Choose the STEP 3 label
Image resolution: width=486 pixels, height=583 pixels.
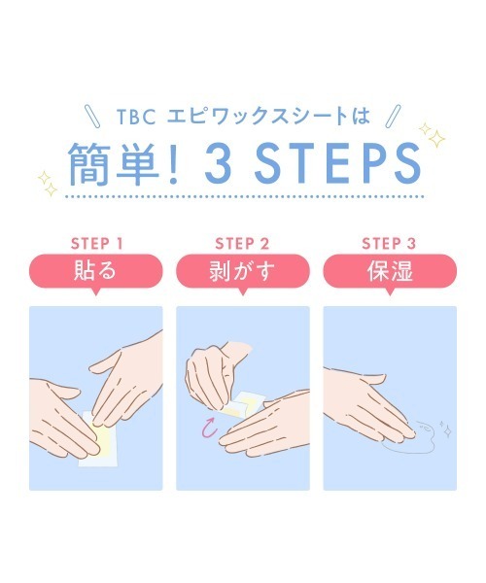(x=388, y=243)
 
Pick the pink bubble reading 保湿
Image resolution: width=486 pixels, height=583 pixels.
(x=388, y=270)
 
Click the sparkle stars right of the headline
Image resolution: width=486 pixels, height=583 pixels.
(x=431, y=137)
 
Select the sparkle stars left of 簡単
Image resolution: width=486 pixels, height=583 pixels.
(x=47, y=181)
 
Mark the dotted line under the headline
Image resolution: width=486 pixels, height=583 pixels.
(x=242, y=198)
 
